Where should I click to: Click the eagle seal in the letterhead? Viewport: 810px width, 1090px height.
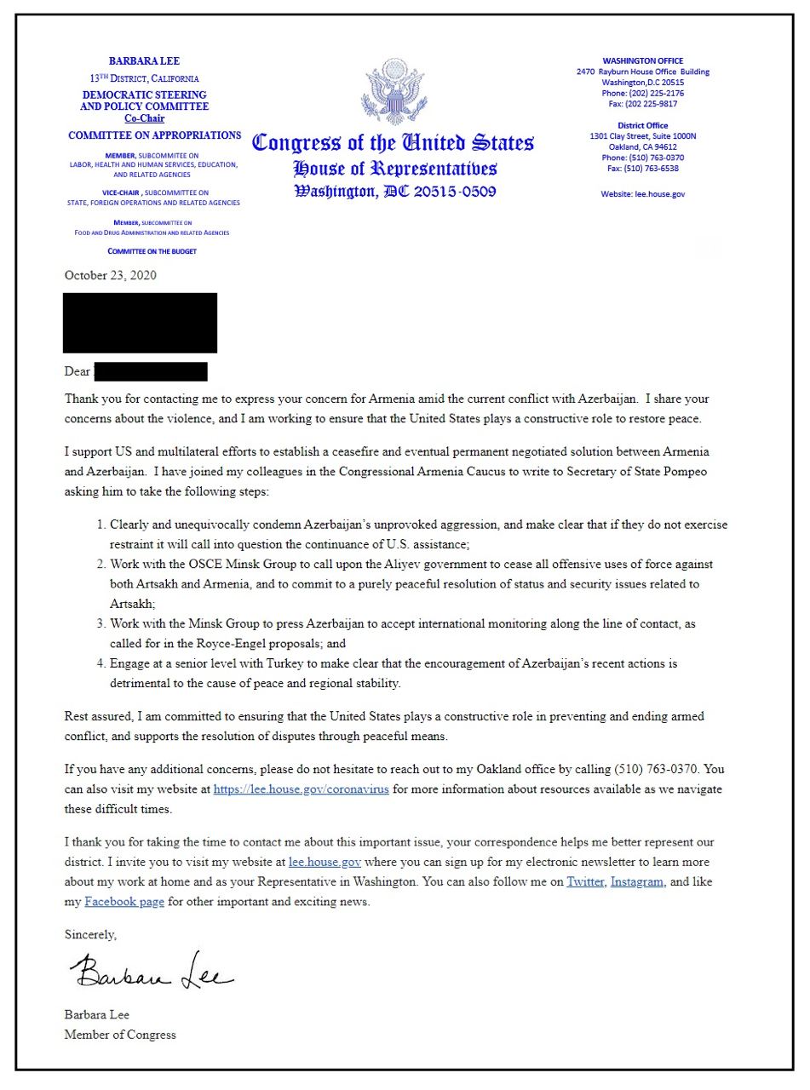(x=394, y=92)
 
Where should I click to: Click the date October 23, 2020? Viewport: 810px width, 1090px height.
(x=110, y=275)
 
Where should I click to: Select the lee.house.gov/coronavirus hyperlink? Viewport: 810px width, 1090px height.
(x=301, y=789)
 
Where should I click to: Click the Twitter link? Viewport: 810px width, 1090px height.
(x=585, y=882)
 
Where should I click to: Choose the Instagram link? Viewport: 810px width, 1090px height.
(x=636, y=882)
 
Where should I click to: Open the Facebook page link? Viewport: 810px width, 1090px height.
(x=124, y=902)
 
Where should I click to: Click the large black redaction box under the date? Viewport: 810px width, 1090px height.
(x=140, y=322)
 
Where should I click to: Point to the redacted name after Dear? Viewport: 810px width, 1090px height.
(x=151, y=372)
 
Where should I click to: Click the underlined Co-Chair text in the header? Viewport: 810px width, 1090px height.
(x=144, y=118)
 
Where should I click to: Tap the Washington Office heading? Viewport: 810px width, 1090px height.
(x=642, y=61)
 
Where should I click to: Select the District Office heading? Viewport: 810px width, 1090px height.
(x=642, y=125)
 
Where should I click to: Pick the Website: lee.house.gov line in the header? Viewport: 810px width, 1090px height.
(x=642, y=194)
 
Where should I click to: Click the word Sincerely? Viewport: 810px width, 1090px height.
(x=90, y=934)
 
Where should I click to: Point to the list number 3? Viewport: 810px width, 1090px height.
(x=101, y=624)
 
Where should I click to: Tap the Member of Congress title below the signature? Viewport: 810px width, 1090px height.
(x=120, y=1035)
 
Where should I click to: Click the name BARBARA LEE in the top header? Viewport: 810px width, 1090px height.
(x=144, y=61)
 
